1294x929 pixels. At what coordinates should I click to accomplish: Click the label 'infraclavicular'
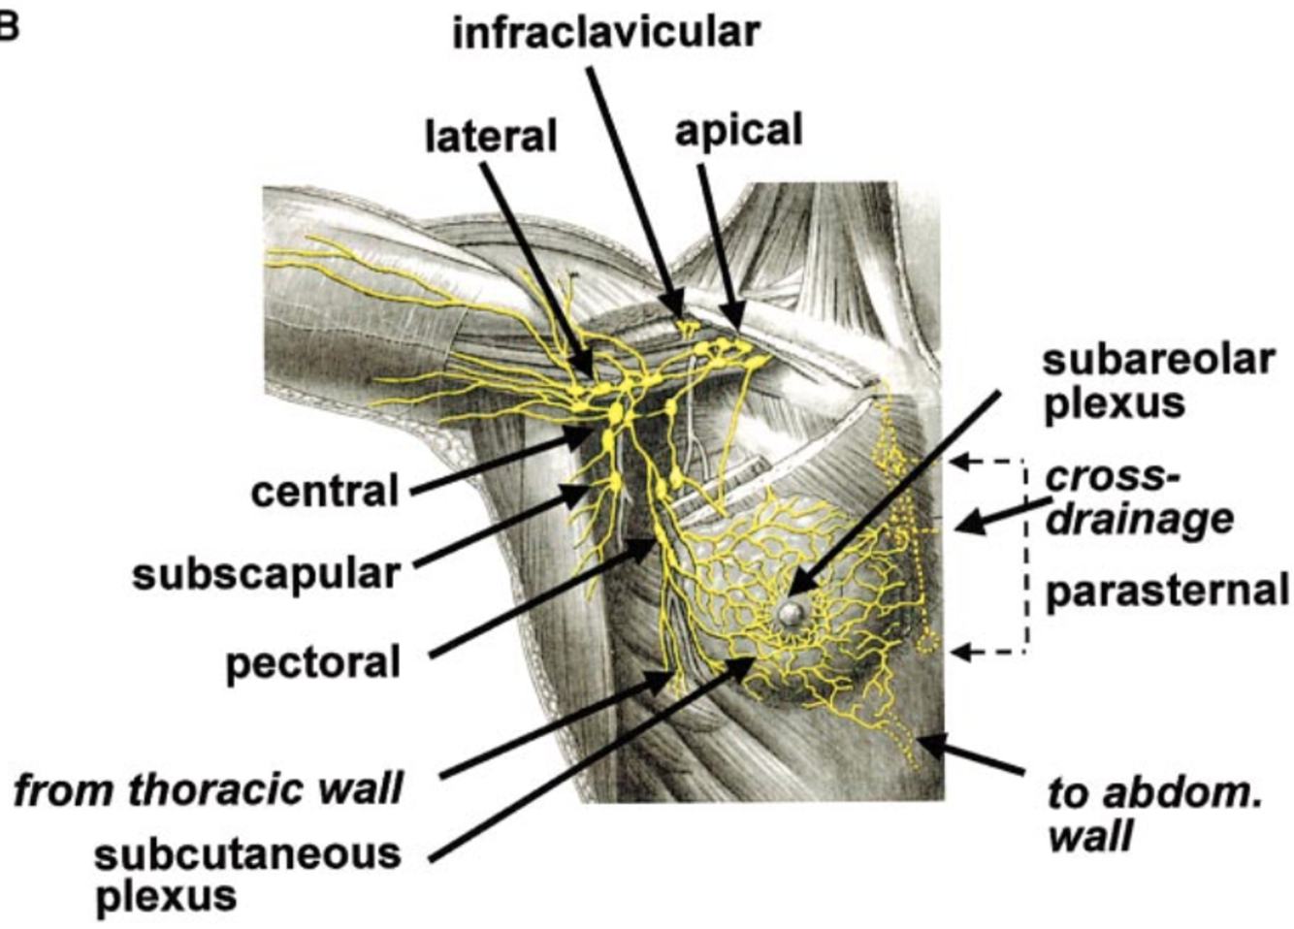(606, 33)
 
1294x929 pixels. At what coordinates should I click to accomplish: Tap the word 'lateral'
(491, 137)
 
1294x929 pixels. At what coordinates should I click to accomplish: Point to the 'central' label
(325, 492)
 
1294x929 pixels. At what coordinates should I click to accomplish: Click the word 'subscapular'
(266, 574)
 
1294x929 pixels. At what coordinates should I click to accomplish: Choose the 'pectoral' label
(312, 664)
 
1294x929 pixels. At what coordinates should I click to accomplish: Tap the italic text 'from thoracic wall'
(209, 788)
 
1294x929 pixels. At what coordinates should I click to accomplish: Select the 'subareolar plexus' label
(1158, 381)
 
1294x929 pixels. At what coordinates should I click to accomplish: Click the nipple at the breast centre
(792, 612)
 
